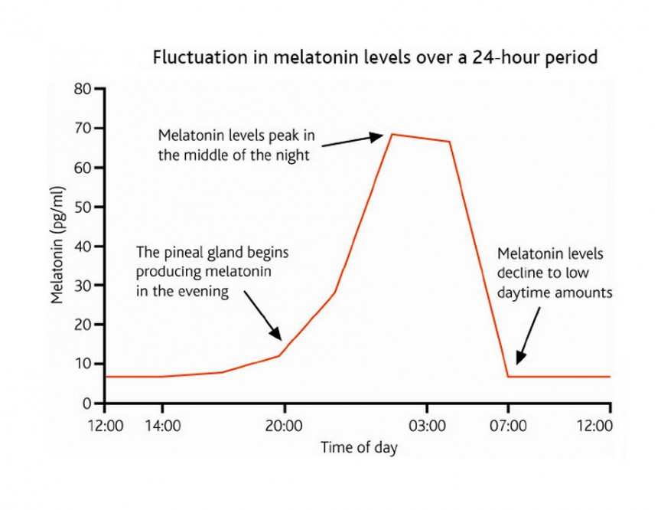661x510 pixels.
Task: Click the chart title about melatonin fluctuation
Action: click(x=375, y=57)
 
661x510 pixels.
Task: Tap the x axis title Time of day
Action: click(x=358, y=448)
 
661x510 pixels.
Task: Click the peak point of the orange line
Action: click(x=392, y=135)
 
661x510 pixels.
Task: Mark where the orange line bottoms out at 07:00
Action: click(x=507, y=377)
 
